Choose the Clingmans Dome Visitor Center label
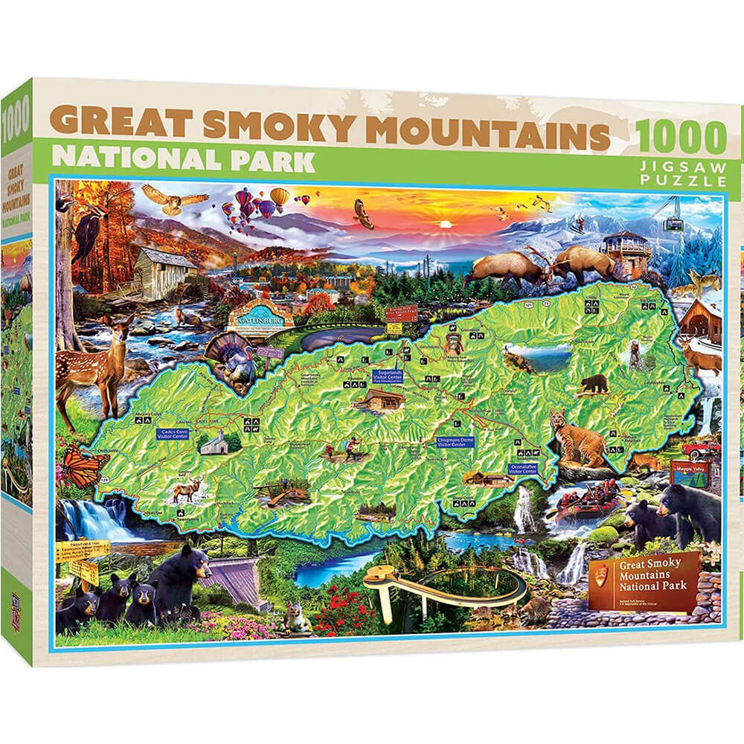coord(452,444)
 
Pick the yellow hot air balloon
coord(279,196)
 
